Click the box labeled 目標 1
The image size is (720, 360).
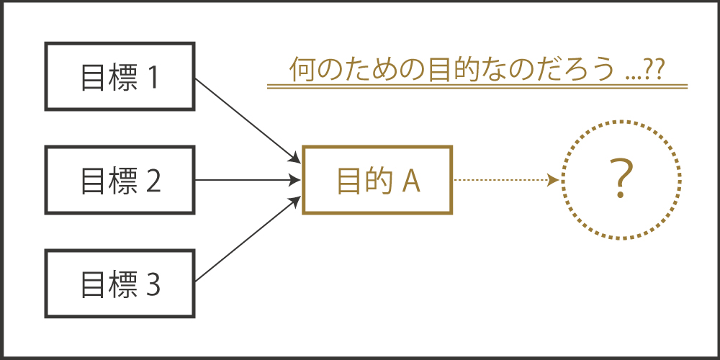[x=120, y=76]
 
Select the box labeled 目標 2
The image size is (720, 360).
[x=120, y=180]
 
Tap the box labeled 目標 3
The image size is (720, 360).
[x=120, y=284]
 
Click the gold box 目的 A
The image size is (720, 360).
[x=377, y=180]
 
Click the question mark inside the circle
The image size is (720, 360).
[x=621, y=180]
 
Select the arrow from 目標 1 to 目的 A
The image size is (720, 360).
[x=245, y=119]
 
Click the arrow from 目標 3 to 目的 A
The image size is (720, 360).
[x=245, y=241]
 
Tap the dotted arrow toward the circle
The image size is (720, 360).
[x=504, y=180]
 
